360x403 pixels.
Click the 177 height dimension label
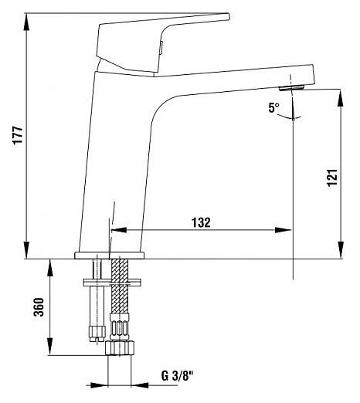[x=18, y=135]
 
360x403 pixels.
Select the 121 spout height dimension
[x=332, y=178]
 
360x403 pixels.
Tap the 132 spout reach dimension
[x=201, y=222]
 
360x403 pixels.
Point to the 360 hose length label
[x=39, y=307]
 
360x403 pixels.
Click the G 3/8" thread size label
[x=177, y=376]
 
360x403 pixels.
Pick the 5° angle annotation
[x=273, y=108]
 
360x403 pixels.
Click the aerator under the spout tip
[x=292, y=89]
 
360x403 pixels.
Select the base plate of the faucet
[x=110, y=256]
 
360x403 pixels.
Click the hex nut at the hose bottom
[x=120, y=347]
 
